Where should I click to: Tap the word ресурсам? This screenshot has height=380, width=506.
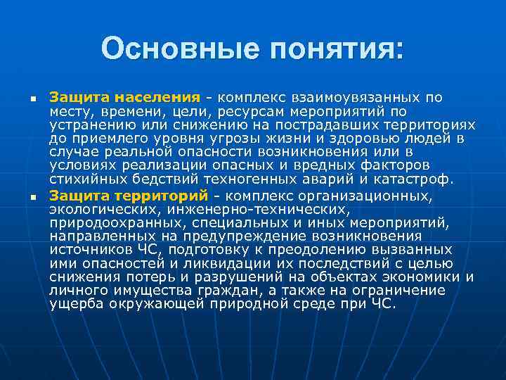(248, 111)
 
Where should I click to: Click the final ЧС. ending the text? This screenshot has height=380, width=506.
(384, 303)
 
